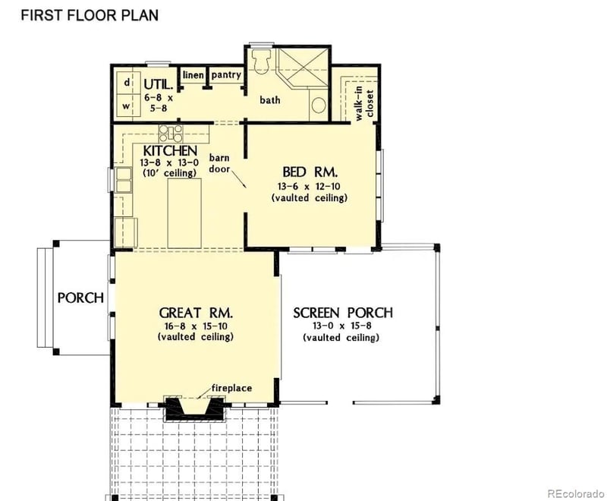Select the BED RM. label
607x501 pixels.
[309, 171]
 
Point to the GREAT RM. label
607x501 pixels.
[195, 312]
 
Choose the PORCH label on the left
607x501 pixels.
[80, 298]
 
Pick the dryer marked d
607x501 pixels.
[127, 82]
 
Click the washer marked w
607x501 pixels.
[127, 106]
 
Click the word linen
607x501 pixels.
[193, 75]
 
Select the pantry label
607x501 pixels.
[226, 75]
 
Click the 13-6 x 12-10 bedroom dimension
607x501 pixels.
[309, 185]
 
